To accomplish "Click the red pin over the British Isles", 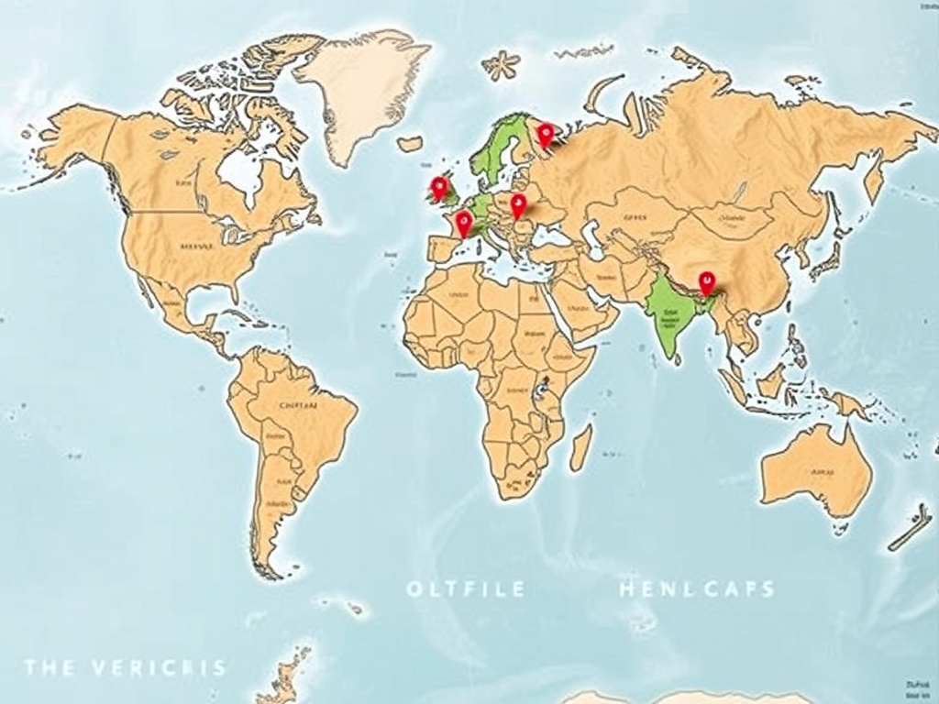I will click(x=439, y=188).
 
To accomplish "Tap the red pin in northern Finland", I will click(x=545, y=136).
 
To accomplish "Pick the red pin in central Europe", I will click(x=518, y=204).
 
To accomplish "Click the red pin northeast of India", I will click(x=706, y=280).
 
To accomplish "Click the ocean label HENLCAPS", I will click(x=697, y=588).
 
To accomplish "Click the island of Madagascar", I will click(x=580, y=447).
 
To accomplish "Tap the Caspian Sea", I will click(x=594, y=240).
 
